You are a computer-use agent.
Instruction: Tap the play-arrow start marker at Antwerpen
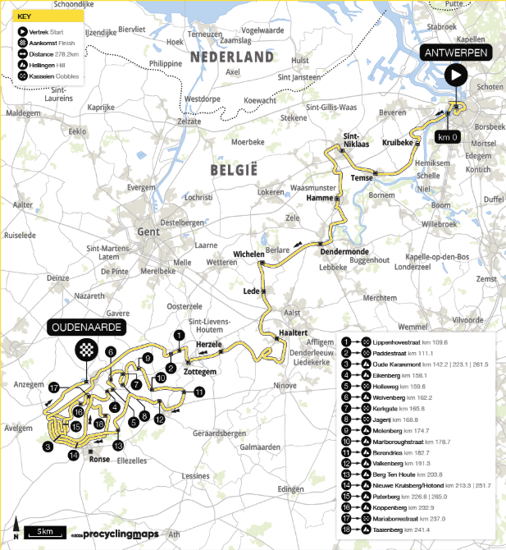click(455, 76)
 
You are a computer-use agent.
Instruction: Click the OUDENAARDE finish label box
click(86, 328)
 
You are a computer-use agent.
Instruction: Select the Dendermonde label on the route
click(344, 251)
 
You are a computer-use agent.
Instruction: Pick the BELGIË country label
click(235, 170)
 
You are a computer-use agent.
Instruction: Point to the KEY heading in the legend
click(25, 16)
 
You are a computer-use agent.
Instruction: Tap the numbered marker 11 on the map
click(199, 393)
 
